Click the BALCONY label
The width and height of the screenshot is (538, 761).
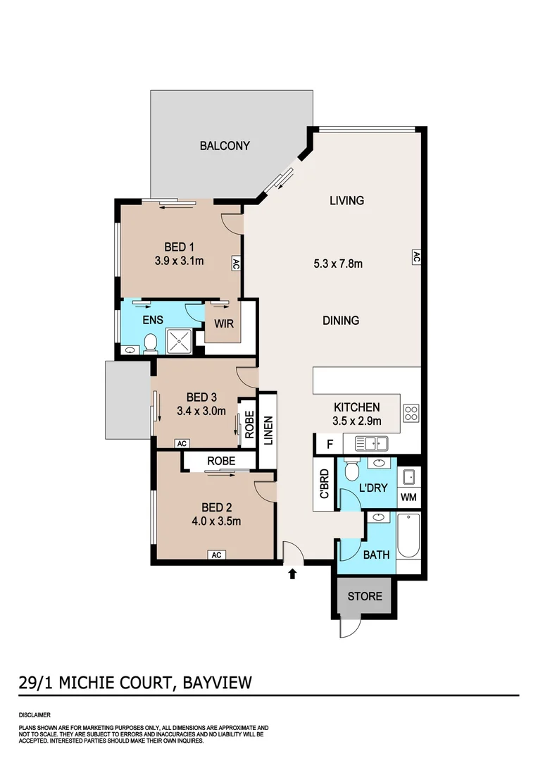225,146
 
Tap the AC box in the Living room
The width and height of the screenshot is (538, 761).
415,257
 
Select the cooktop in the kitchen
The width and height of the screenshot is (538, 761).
411,413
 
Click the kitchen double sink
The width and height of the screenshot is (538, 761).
372,444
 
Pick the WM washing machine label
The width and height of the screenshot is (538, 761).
409,497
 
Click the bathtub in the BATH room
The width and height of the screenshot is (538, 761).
408,536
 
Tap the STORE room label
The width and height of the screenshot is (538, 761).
365,596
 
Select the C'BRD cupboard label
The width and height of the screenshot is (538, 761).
324,484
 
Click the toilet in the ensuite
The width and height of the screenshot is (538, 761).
149,344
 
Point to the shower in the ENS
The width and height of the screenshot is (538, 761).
178,341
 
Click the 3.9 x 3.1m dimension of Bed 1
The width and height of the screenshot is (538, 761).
179,261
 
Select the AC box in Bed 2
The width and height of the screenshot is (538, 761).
216,555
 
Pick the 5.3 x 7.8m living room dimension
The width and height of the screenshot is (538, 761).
338,264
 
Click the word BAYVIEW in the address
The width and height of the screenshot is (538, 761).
217,682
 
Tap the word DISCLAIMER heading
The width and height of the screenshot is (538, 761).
34,714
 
